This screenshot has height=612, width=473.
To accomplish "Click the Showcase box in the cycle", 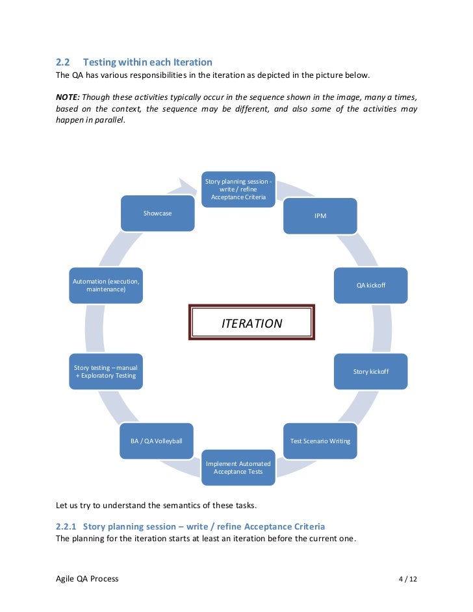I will pos(158,213).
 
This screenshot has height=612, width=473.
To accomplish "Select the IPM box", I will pos(320,215).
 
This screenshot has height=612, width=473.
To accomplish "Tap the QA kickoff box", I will pos(370,285).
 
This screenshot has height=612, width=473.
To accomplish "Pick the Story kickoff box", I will pos(370,371).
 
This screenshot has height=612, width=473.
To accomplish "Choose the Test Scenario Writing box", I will pos(320,441).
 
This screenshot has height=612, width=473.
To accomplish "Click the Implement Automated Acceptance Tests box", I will pos(238,467).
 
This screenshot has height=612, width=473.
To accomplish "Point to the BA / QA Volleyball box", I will pos(157,441).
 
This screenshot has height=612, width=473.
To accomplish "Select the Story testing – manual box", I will pos(106,371).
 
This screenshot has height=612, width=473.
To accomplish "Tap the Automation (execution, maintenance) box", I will pos(106,285).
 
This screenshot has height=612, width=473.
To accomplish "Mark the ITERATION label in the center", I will pos(252,323).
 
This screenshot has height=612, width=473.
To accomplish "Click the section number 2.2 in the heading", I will pos(62,62).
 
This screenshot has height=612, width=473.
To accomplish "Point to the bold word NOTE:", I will pos(68,96).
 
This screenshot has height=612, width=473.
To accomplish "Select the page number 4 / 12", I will pos(407,578).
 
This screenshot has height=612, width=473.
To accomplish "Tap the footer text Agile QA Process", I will pos(87,578).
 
